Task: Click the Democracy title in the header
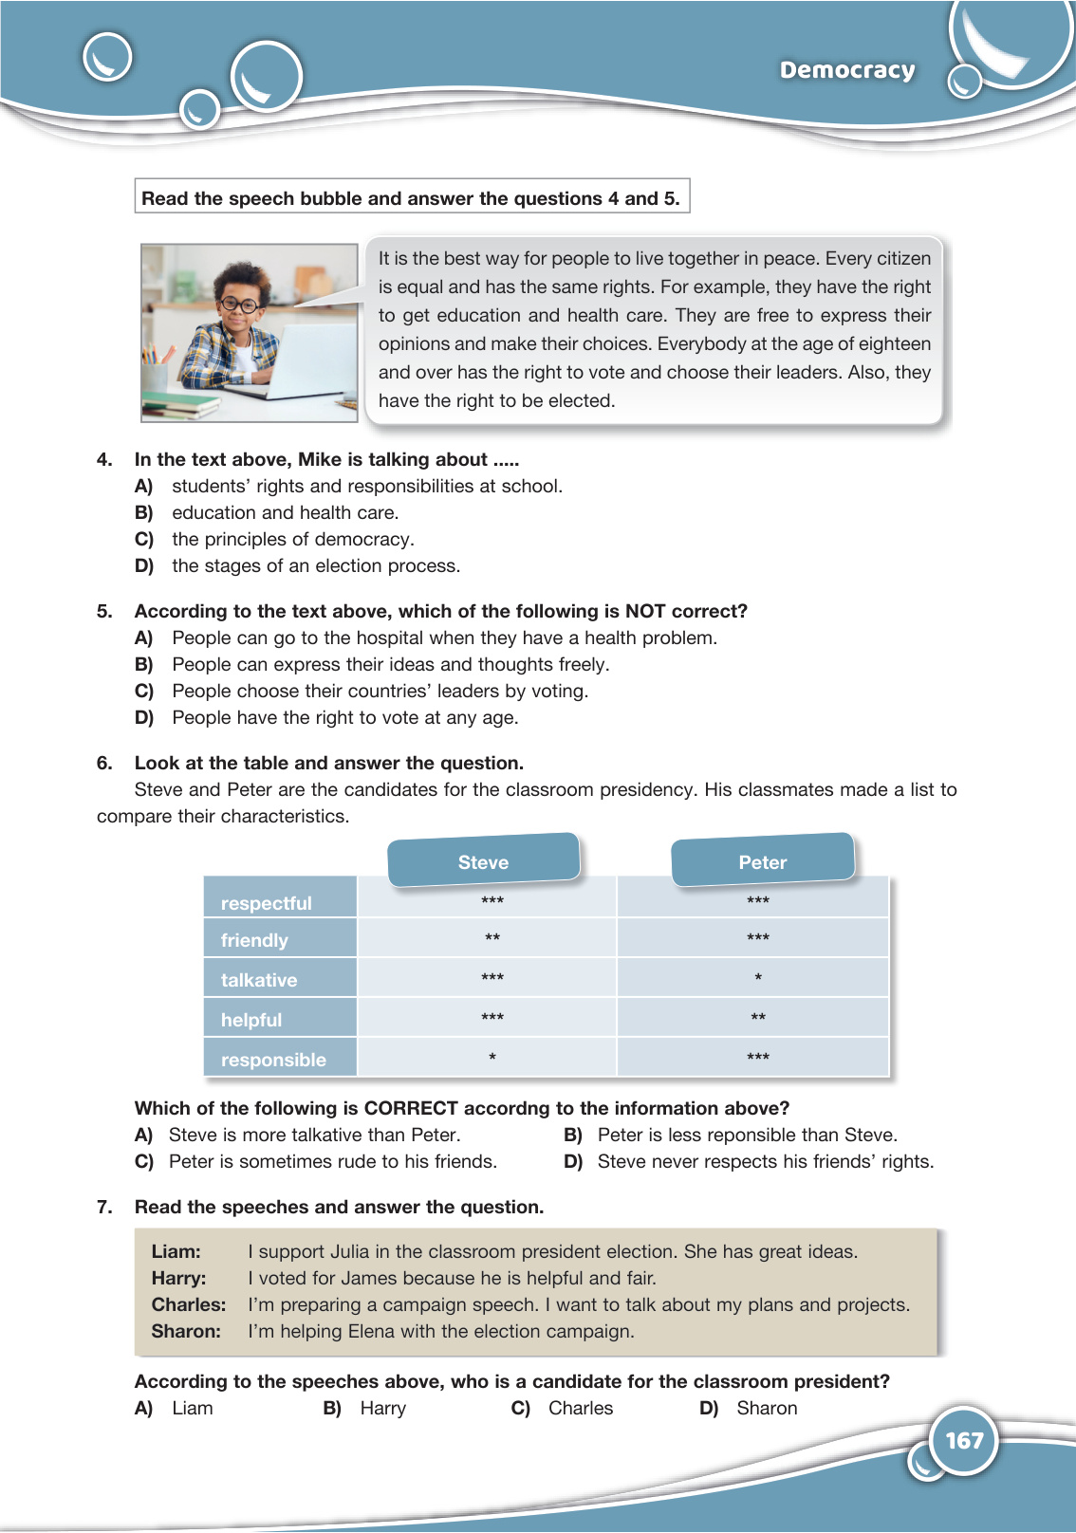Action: pos(847,70)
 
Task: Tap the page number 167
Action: pos(964,1441)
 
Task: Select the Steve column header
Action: pos(483,862)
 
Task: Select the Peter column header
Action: pos(763,862)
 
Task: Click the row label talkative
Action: pos(259,980)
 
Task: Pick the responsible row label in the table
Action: pos(273,1060)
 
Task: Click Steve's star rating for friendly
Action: pos(492,938)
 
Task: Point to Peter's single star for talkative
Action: pos(758,978)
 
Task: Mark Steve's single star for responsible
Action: pos(492,1058)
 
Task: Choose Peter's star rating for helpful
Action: pos(758,1018)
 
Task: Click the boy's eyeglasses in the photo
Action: pos(239,305)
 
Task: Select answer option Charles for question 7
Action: pos(581,1408)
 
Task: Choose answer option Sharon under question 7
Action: pos(767,1408)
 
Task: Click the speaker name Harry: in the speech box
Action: pos(178,1278)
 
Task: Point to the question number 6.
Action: pos(104,763)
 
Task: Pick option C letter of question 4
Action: pos(144,539)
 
